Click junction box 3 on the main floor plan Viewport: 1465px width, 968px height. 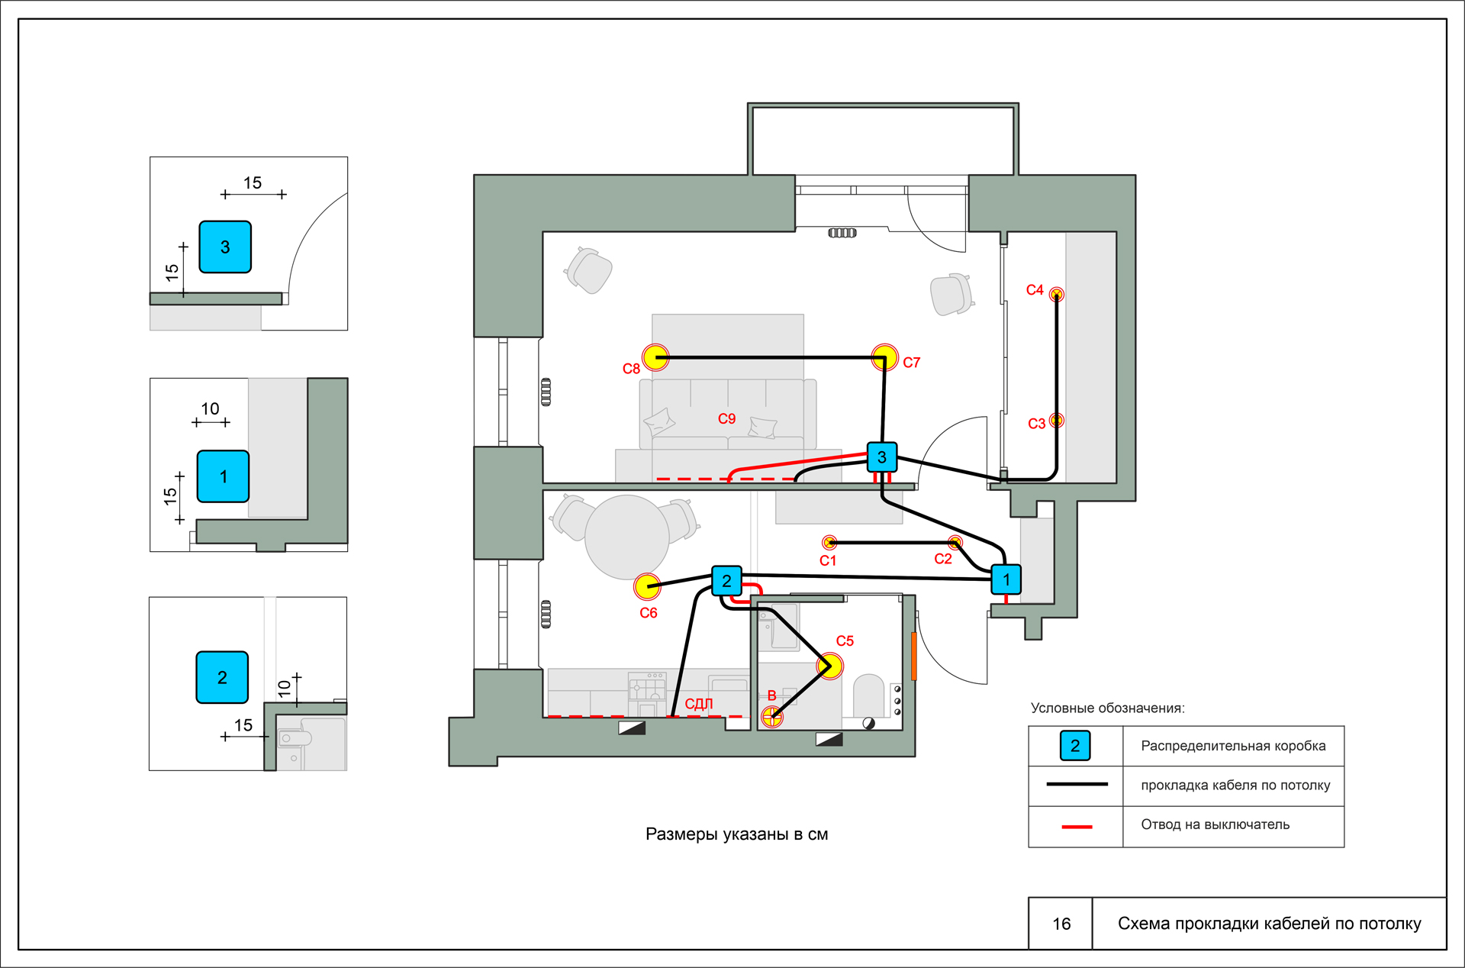tap(882, 457)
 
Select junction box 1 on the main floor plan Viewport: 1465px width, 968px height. tap(1006, 579)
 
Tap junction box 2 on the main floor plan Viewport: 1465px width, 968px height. tap(726, 581)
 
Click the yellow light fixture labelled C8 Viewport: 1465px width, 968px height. tap(655, 357)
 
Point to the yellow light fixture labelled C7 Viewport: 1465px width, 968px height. tap(885, 357)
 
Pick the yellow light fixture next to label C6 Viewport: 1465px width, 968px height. tap(647, 586)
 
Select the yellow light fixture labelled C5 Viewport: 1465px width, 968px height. tap(830, 666)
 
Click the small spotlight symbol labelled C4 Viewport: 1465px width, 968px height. tap(1057, 294)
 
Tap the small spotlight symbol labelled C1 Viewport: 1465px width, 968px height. tap(829, 542)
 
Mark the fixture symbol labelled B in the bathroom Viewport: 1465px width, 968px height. tap(772, 716)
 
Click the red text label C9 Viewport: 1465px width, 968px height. tap(726, 418)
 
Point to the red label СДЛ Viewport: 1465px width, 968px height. tap(699, 703)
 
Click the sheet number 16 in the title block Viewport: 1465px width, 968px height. tap(1061, 924)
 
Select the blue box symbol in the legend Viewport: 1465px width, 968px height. tap(1075, 746)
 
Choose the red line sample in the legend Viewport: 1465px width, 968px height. tap(1077, 826)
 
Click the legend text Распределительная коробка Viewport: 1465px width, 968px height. tap(1233, 746)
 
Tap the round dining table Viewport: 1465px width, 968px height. tap(627, 537)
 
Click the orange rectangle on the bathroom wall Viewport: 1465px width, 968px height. tap(914, 656)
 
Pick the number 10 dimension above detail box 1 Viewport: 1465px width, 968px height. tap(210, 408)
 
